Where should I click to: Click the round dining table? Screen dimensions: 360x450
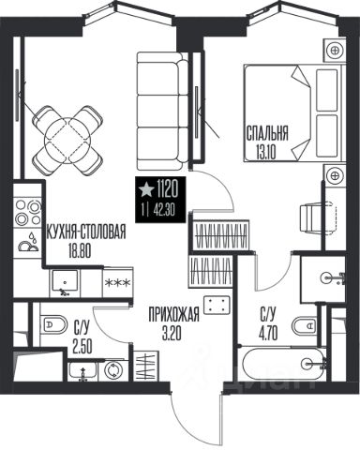click(67, 140)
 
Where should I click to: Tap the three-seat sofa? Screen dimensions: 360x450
click(163, 111)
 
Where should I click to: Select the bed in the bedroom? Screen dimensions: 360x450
click(294, 112)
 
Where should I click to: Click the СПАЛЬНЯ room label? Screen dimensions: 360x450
click(267, 133)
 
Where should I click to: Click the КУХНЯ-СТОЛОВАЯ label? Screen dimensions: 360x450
click(85, 232)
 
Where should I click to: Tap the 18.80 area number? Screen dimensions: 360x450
click(80, 251)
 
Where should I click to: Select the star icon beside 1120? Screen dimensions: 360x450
click(146, 190)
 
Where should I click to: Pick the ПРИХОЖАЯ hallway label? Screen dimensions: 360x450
click(173, 314)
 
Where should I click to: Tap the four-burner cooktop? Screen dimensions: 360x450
click(28, 212)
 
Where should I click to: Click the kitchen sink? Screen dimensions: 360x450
click(65, 283)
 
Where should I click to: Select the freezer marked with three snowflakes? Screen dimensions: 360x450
click(117, 283)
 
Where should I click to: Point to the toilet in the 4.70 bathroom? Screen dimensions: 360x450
click(305, 326)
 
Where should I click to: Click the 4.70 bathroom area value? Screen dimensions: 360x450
click(267, 334)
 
